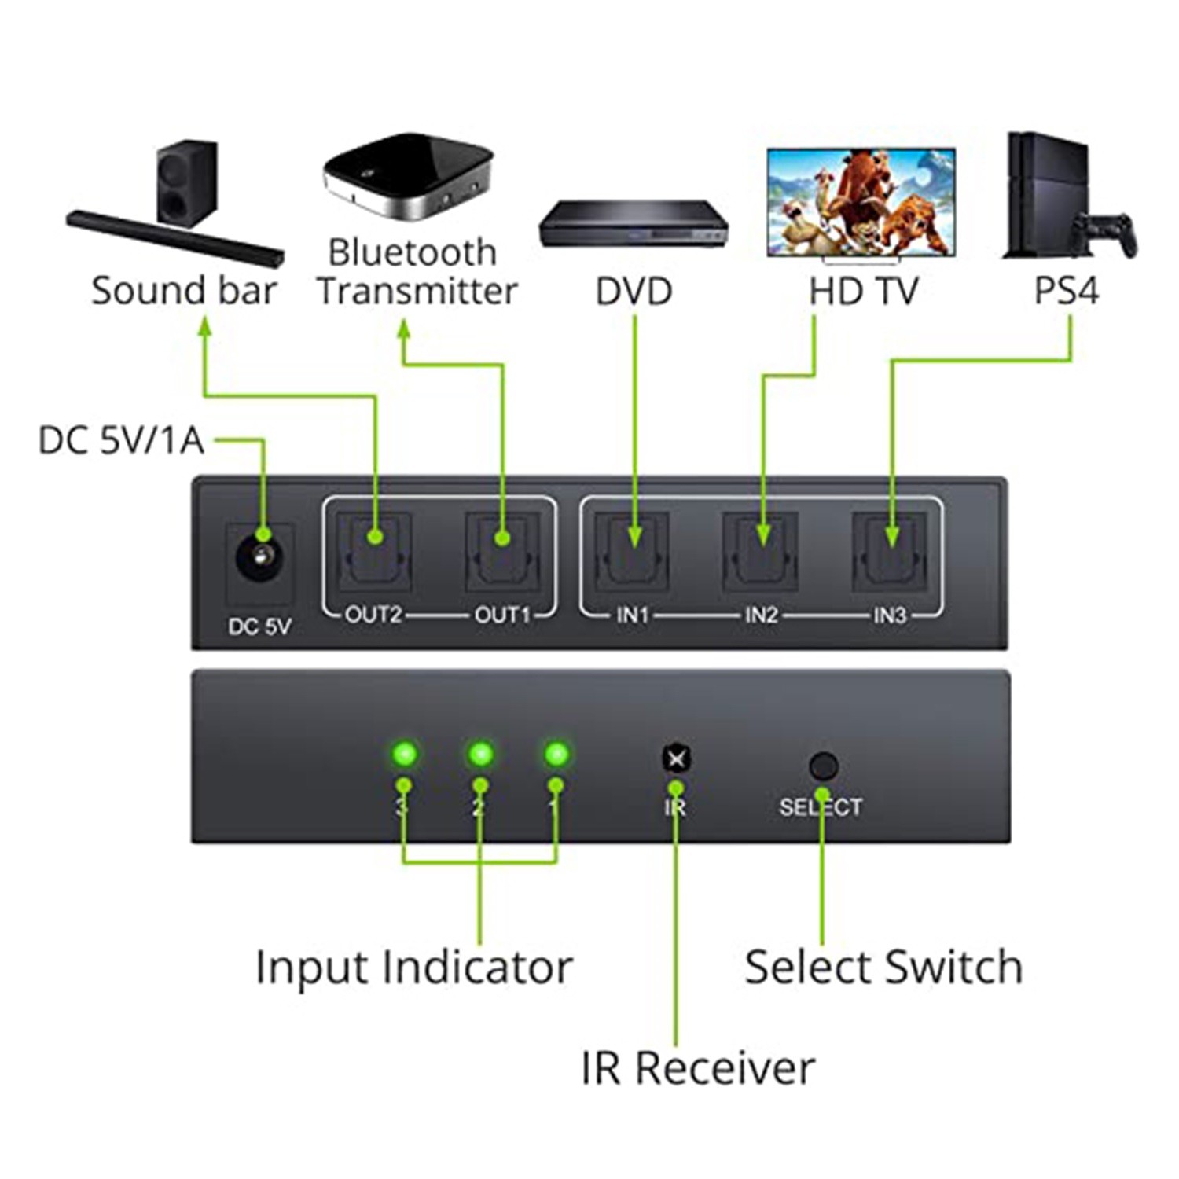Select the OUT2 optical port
374,552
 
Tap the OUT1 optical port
502,552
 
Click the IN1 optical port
632,552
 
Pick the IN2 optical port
760,552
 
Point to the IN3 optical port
890,552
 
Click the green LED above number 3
405,754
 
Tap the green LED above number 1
556,754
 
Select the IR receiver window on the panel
676,758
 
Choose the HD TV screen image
861,202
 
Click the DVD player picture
634,224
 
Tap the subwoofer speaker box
186,183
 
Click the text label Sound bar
184,291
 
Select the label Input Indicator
414,967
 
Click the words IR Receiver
698,1068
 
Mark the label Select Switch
883,967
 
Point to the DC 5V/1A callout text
121,440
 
